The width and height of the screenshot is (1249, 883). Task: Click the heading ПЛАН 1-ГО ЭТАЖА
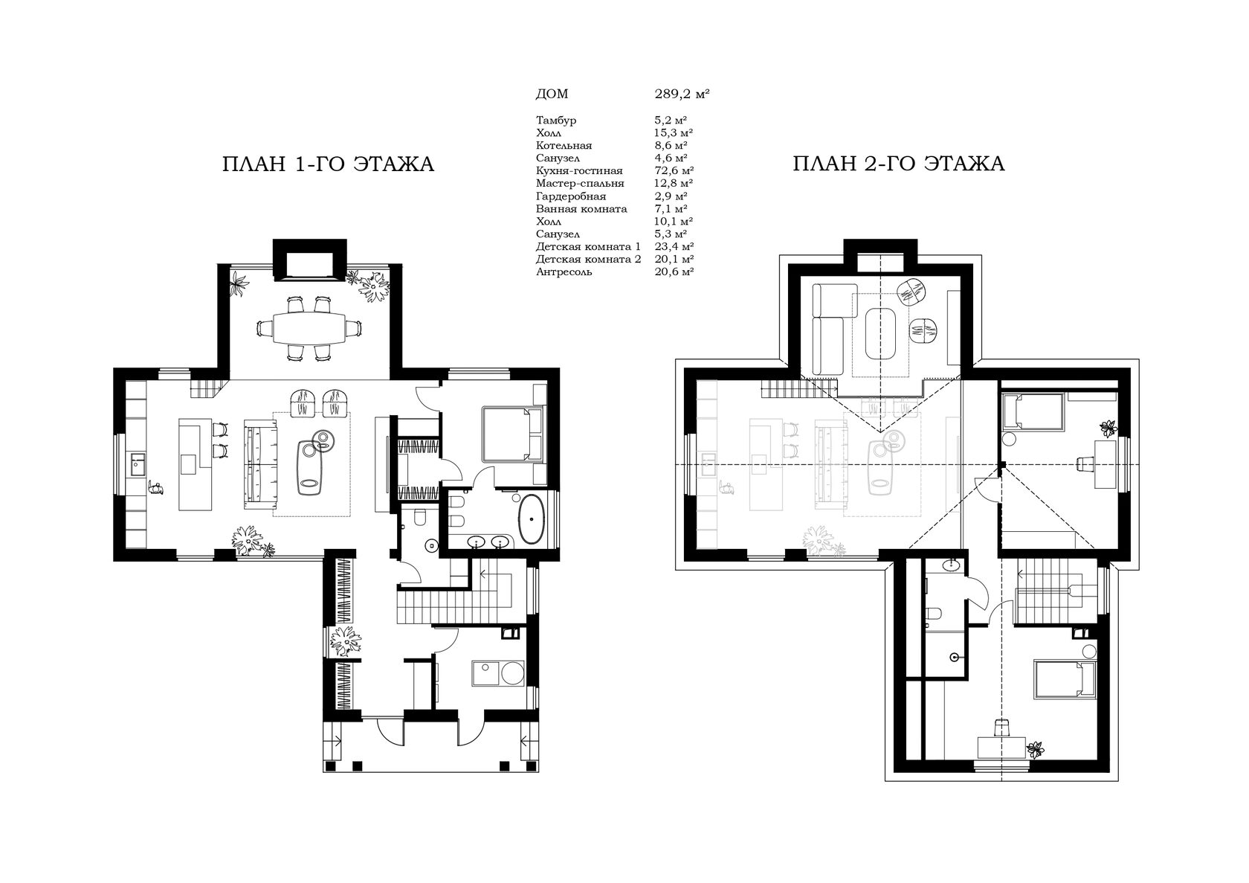[x=328, y=164]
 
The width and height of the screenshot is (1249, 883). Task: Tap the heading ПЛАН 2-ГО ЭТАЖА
[x=898, y=164]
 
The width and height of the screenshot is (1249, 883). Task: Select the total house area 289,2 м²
[x=682, y=94]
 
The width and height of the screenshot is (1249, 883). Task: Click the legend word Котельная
[x=564, y=146]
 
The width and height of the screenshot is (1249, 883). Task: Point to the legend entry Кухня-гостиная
[x=579, y=170]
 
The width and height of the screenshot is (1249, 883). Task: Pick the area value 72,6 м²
[x=674, y=170]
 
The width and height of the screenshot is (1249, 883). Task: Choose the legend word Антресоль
[x=564, y=272]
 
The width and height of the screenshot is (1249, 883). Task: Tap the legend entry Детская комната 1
[x=588, y=246]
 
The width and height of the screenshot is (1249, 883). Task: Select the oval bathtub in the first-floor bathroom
[x=532, y=518]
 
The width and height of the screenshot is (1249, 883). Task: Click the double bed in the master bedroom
[x=512, y=434]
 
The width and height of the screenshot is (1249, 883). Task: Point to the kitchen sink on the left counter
[x=138, y=464]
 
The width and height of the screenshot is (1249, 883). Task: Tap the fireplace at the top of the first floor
[x=309, y=260]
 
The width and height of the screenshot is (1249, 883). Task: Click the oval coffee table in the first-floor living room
[x=310, y=467]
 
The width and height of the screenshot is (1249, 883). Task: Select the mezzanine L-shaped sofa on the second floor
[x=832, y=329]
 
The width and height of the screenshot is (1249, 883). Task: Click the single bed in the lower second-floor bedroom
[x=1065, y=678]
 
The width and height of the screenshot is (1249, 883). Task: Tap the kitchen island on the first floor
[x=195, y=464]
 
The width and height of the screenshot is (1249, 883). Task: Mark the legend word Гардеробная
[x=571, y=196]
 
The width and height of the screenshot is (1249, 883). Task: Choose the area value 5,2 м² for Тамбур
[x=671, y=120]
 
